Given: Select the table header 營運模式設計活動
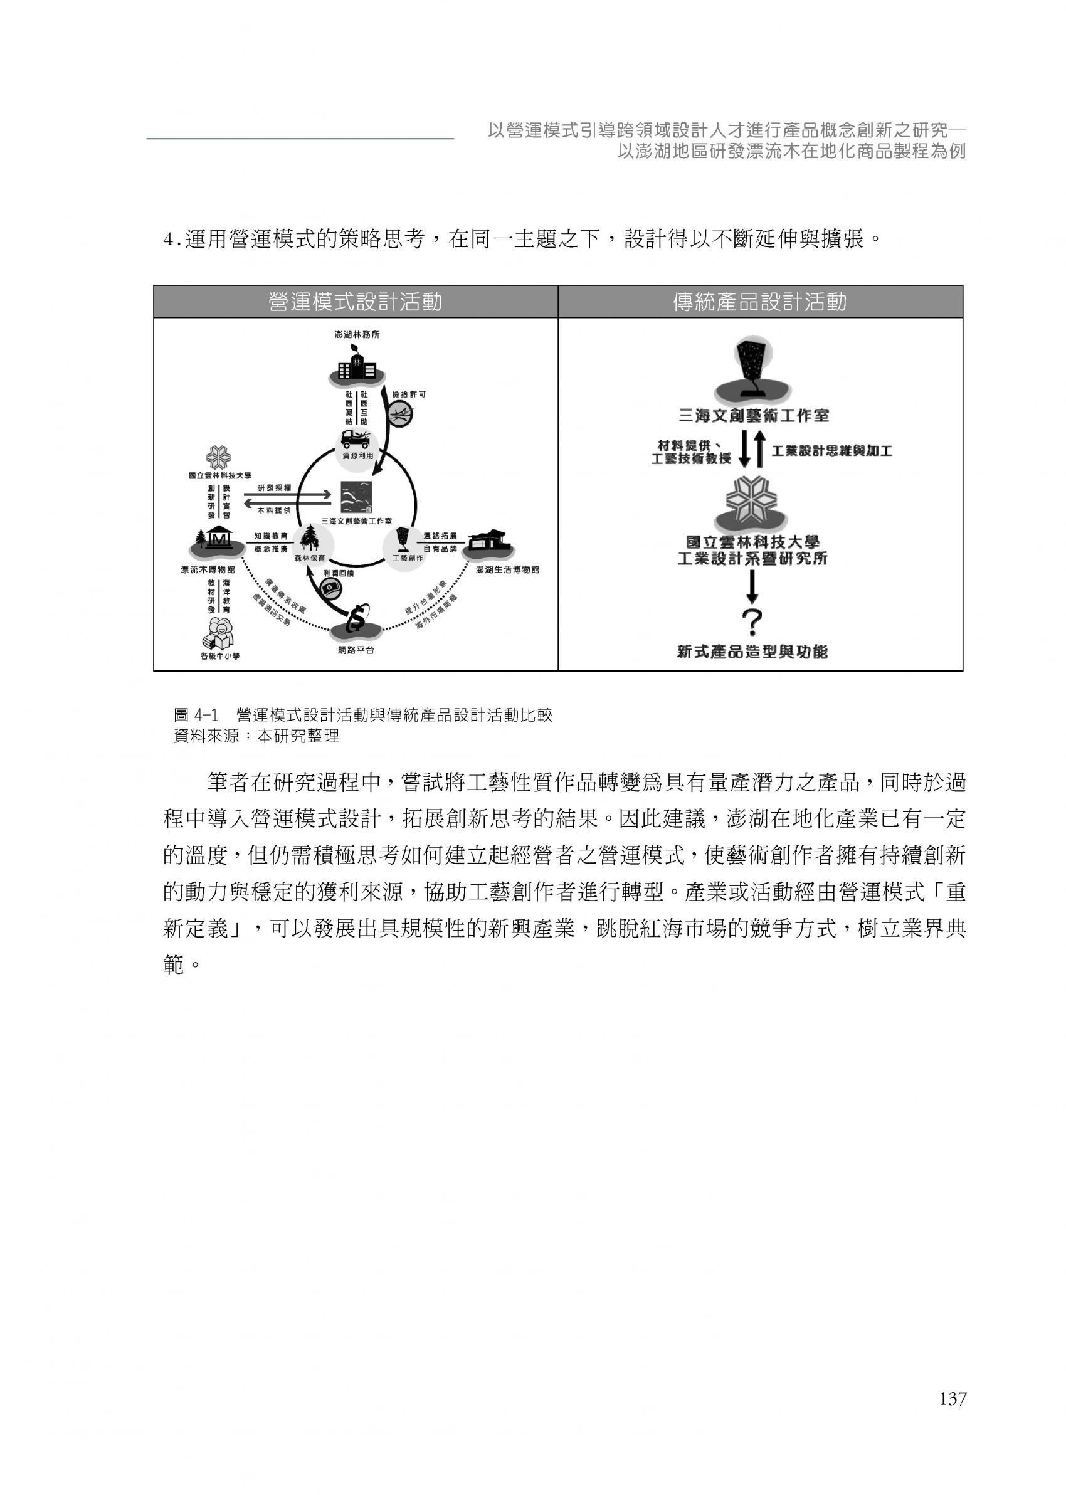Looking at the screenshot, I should (x=355, y=302).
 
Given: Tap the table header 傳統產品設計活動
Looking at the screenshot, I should (x=759, y=302).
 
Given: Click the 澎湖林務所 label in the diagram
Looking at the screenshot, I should (x=356, y=335).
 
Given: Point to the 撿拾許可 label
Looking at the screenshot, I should (x=408, y=394).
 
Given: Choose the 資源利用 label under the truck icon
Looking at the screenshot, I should (x=358, y=455).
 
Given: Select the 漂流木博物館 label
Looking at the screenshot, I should (x=208, y=569).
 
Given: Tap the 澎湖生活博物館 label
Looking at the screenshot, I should (x=507, y=569).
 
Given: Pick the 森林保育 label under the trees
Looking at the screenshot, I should (x=309, y=559).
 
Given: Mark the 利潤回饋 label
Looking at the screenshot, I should (x=338, y=573).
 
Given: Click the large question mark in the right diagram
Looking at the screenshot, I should (x=752, y=622).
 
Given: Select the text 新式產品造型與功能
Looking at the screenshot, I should (x=752, y=652).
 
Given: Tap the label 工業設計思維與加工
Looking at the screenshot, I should (x=831, y=451).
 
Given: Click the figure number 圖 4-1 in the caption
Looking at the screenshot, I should (x=196, y=716).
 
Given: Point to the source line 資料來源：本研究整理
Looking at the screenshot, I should (x=256, y=736).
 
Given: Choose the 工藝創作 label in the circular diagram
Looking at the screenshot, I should (x=408, y=558).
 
